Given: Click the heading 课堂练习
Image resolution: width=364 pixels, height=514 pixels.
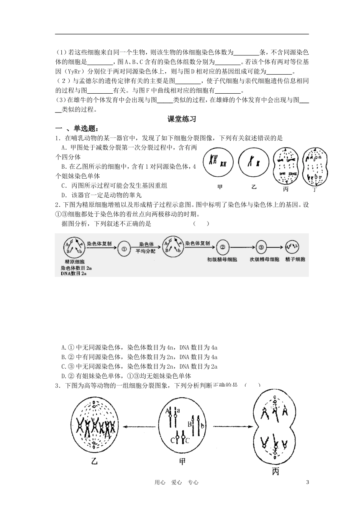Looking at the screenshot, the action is pyautogui.click(x=182, y=119).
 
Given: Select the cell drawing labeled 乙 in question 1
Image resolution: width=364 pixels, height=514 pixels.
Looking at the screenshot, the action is pyautogui.click(x=253, y=162).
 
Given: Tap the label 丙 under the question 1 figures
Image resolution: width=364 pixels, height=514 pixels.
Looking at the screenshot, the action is pyautogui.click(x=286, y=189).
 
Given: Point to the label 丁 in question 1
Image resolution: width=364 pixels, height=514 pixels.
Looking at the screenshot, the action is pyautogui.click(x=315, y=189).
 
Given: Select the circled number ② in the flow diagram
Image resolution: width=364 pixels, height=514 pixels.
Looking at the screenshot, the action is pyautogui.click(x=222, y=248).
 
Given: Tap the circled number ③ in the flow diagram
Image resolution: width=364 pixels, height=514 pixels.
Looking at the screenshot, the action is pyautogui.click(x=261, y=248).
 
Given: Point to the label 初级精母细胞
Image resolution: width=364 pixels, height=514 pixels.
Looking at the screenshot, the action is pyautogui.click(x=222, y=260).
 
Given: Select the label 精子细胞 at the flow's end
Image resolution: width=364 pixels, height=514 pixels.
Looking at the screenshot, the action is pyautogui.click(x=295, y=260).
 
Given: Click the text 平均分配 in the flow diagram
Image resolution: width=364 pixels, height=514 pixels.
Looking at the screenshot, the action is pyautogui.click(x=146, y=251).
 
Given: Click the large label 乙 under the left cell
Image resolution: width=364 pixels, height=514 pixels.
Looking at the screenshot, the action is pyautogui.click(x=94, y=461).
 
